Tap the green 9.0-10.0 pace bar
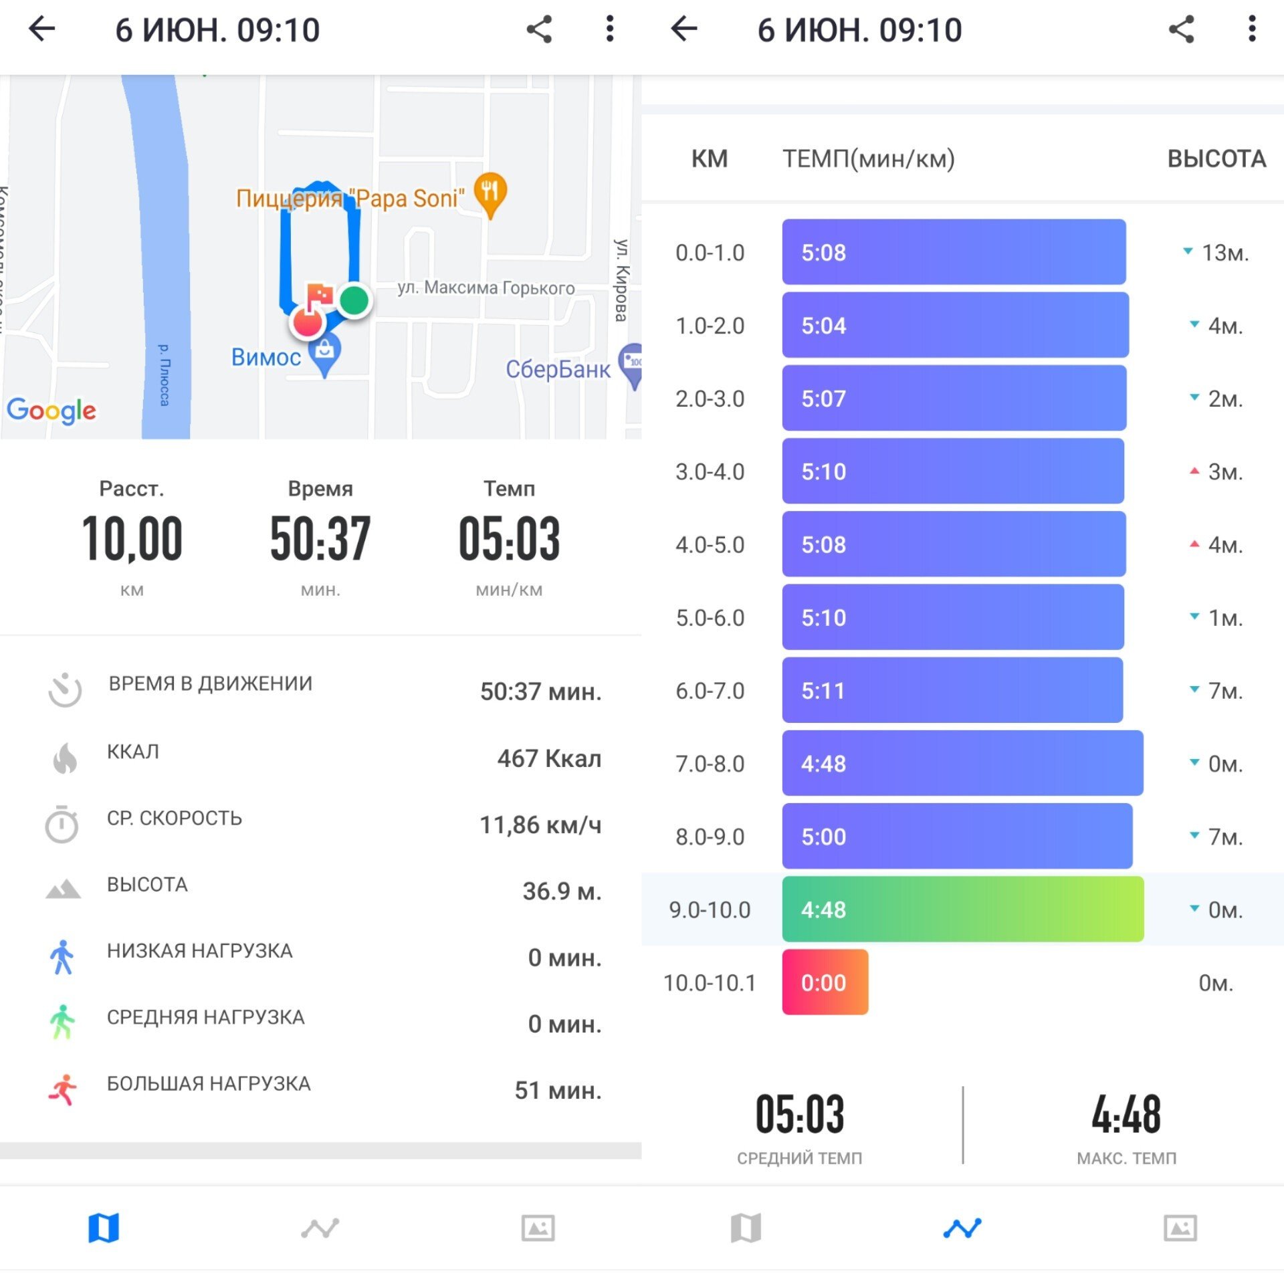tap(963, 909)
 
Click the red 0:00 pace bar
tap(825, 982)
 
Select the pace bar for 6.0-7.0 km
tap(952, 690)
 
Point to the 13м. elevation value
tap(1225, 253)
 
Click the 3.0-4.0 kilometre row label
tap(710, 471)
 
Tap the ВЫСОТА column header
tap(1216, 158)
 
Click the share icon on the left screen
tap(539, 29)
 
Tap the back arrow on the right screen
tap(683, 29)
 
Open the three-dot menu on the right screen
tap(1252, 29)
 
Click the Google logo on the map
tap(51, 410)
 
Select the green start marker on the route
tap(354, 300)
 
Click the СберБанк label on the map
tap(558, 369)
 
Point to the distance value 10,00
tap(132, 539)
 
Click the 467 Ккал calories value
tap(549, 758)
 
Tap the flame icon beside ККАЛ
tap(65, 758)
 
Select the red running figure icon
tap(63, 1090)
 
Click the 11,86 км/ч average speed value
tap(540, 825)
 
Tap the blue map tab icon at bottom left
tap(104, 1228)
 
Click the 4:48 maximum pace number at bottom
tap(1126, 1115)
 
